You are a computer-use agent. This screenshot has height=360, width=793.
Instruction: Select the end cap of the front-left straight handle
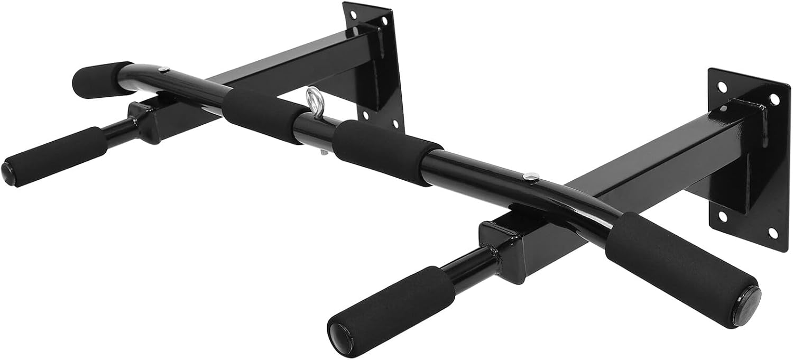pyautogui.click(x=8, y=172)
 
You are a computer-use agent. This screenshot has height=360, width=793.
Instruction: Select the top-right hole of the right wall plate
pyautogui.click(x=773, y=98)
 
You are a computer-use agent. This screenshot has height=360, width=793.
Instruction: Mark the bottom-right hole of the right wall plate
pyautogui.click(x=772, y=232)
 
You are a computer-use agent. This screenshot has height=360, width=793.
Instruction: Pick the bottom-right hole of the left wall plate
pyautogui.click(x=394, y=124)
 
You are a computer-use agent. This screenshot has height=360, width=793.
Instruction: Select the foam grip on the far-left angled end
pyautogui.click(x=100, y=79)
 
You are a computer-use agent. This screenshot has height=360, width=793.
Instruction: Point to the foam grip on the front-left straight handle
pyautogui.click(x=53, y=155)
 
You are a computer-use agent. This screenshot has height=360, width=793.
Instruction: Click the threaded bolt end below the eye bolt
pyautogui.click(x=323, y=152)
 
